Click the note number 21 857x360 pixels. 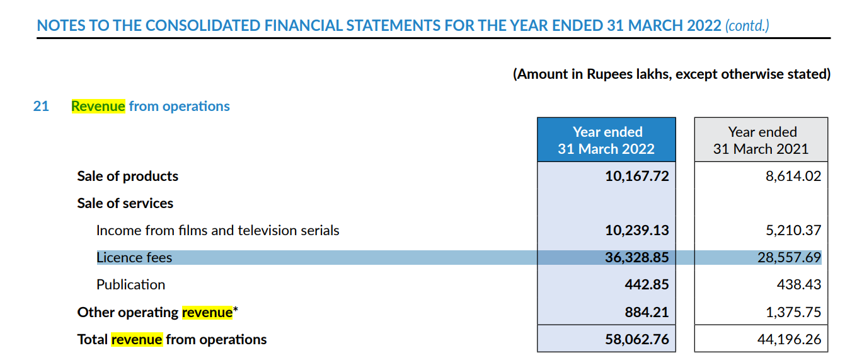click(x=41, y=106)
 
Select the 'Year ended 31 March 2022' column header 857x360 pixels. click(x=606, y=140)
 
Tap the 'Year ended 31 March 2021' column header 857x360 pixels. click(x=761, y=140)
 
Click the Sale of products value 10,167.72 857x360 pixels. click(x=637, y=176)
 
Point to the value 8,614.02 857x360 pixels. click(x=793, y=176)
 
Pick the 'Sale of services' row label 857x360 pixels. click(x=125, y=204)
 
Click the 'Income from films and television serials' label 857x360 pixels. click(x=217, y=231)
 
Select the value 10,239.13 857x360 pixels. click(x=637, y=231)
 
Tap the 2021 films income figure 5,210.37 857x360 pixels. click(x=793, y=231)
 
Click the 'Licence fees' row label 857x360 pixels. click(x=134, y=258)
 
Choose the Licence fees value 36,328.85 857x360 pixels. click(x=637, y=258)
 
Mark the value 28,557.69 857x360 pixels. click(x=790, y=258)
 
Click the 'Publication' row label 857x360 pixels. click(x=131, y=285)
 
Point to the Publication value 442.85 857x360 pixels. click(x=647, y=285)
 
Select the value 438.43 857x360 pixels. click(x=799, y=285)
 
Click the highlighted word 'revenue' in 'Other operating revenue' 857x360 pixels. click(x=207, y=313)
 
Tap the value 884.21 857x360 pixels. click(x=647, y=313)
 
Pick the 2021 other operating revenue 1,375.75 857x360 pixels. click(x=793, y=313)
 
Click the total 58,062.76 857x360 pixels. click(x=637, y=340)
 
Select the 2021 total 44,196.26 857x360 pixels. click(x=790, y=340)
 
